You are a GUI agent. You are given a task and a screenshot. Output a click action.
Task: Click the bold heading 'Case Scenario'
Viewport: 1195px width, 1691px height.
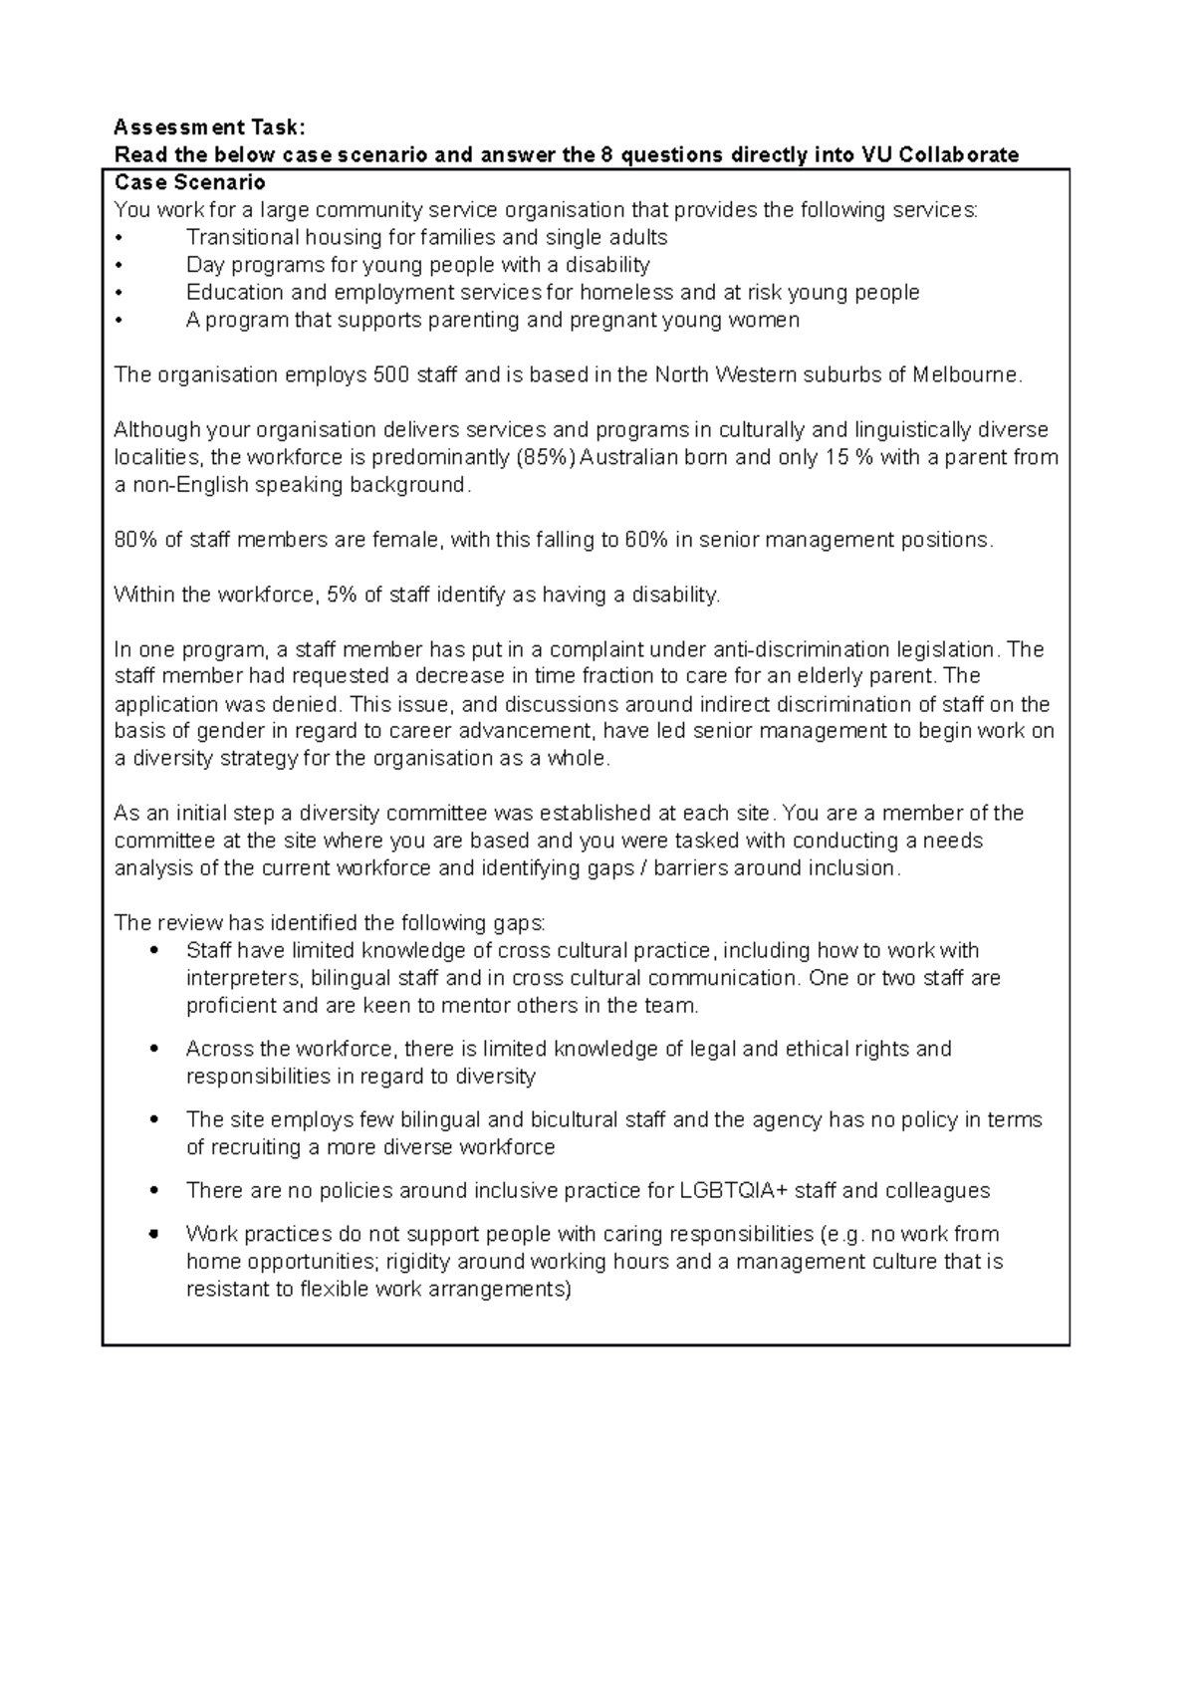pyautogui.click(x=189, y=182)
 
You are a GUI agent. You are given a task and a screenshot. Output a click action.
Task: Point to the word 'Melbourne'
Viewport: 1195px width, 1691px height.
pyautogui.click(x=964, y=375)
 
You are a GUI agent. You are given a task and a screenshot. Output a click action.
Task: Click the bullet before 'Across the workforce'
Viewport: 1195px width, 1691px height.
pyautogui.click(x=153, y=1049)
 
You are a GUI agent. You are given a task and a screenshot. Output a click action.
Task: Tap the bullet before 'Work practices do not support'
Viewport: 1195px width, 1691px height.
pyautogui.click(x=153, y=1234)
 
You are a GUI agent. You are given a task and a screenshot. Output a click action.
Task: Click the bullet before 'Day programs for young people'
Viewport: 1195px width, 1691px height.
pyautogui.click(x=119, y=266)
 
